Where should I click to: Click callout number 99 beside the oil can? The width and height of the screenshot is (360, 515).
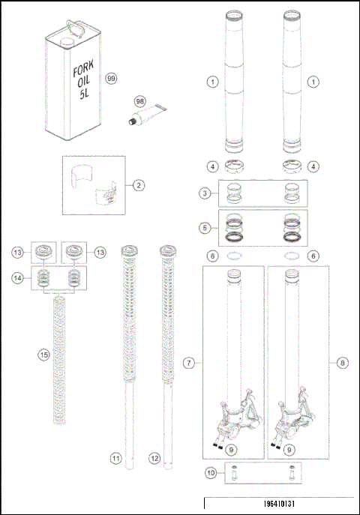click(x=112, y=79)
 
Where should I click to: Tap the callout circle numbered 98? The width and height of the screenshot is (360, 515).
click(x=139, y=100)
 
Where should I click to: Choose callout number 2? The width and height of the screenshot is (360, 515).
click(x=139, y=184)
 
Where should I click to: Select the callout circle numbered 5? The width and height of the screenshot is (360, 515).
click(x=204, y=226)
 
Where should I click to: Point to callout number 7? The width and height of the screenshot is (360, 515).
click(x=190, y=363)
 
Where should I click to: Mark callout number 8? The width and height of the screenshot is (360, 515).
click(x=343, y=363)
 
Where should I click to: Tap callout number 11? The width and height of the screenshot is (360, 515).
click(x=115, y=457)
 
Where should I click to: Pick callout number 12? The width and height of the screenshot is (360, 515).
click(x=155, y=457)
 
